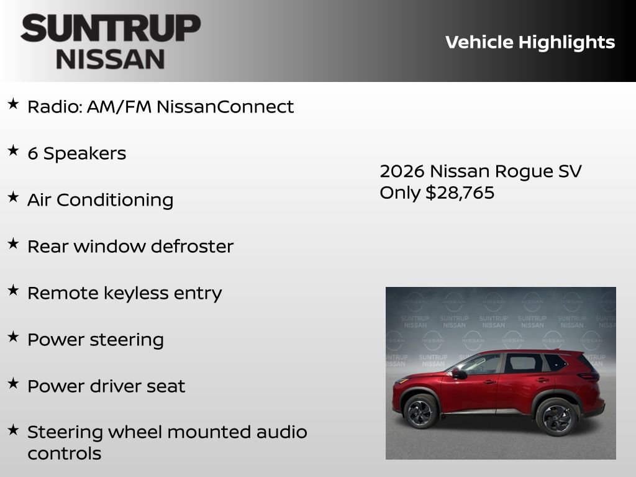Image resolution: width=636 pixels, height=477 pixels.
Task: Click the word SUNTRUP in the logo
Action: tap(111, 28)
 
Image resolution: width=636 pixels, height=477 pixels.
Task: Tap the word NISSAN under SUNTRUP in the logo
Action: tap(111, 59)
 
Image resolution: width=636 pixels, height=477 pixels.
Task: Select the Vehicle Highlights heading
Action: tap(530, 42)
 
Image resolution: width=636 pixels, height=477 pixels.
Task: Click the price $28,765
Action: tap(460, 193)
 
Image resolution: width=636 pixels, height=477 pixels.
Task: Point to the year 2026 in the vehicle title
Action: tap(402, 171)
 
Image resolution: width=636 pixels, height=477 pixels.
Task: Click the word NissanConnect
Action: tap(225, 107)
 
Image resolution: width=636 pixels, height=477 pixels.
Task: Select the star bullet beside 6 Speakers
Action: tap(13, 151)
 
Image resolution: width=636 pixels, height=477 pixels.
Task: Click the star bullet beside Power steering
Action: tap(13, 337)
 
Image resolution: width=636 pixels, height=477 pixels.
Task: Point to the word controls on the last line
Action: tap(64, 453)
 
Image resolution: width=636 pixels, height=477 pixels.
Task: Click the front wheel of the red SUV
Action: tap(420, 411)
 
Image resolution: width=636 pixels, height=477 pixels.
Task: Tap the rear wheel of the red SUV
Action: tap(556, 416)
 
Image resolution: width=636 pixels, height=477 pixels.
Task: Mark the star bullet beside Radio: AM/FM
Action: tap(13, 104)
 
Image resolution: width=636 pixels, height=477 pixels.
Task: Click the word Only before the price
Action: tap(400, 193)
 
